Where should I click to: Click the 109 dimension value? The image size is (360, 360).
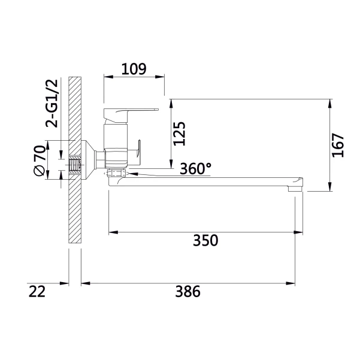(x=134, y=69)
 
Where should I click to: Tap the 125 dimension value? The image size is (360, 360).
(x=179, y=134)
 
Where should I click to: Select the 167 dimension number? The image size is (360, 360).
(x=338, y=145)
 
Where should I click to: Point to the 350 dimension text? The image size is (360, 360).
(x=205, y=240)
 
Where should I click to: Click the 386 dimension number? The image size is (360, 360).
(x=188, y=292)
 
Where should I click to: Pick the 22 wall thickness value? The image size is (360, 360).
(x=37, y=292)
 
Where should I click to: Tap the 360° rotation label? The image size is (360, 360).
(x=195, y=169)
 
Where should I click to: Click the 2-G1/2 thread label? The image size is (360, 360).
(x=52, y=103)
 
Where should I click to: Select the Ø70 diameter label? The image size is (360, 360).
(x=40, y=161)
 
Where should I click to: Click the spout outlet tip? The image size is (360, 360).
(x=295, y=189)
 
